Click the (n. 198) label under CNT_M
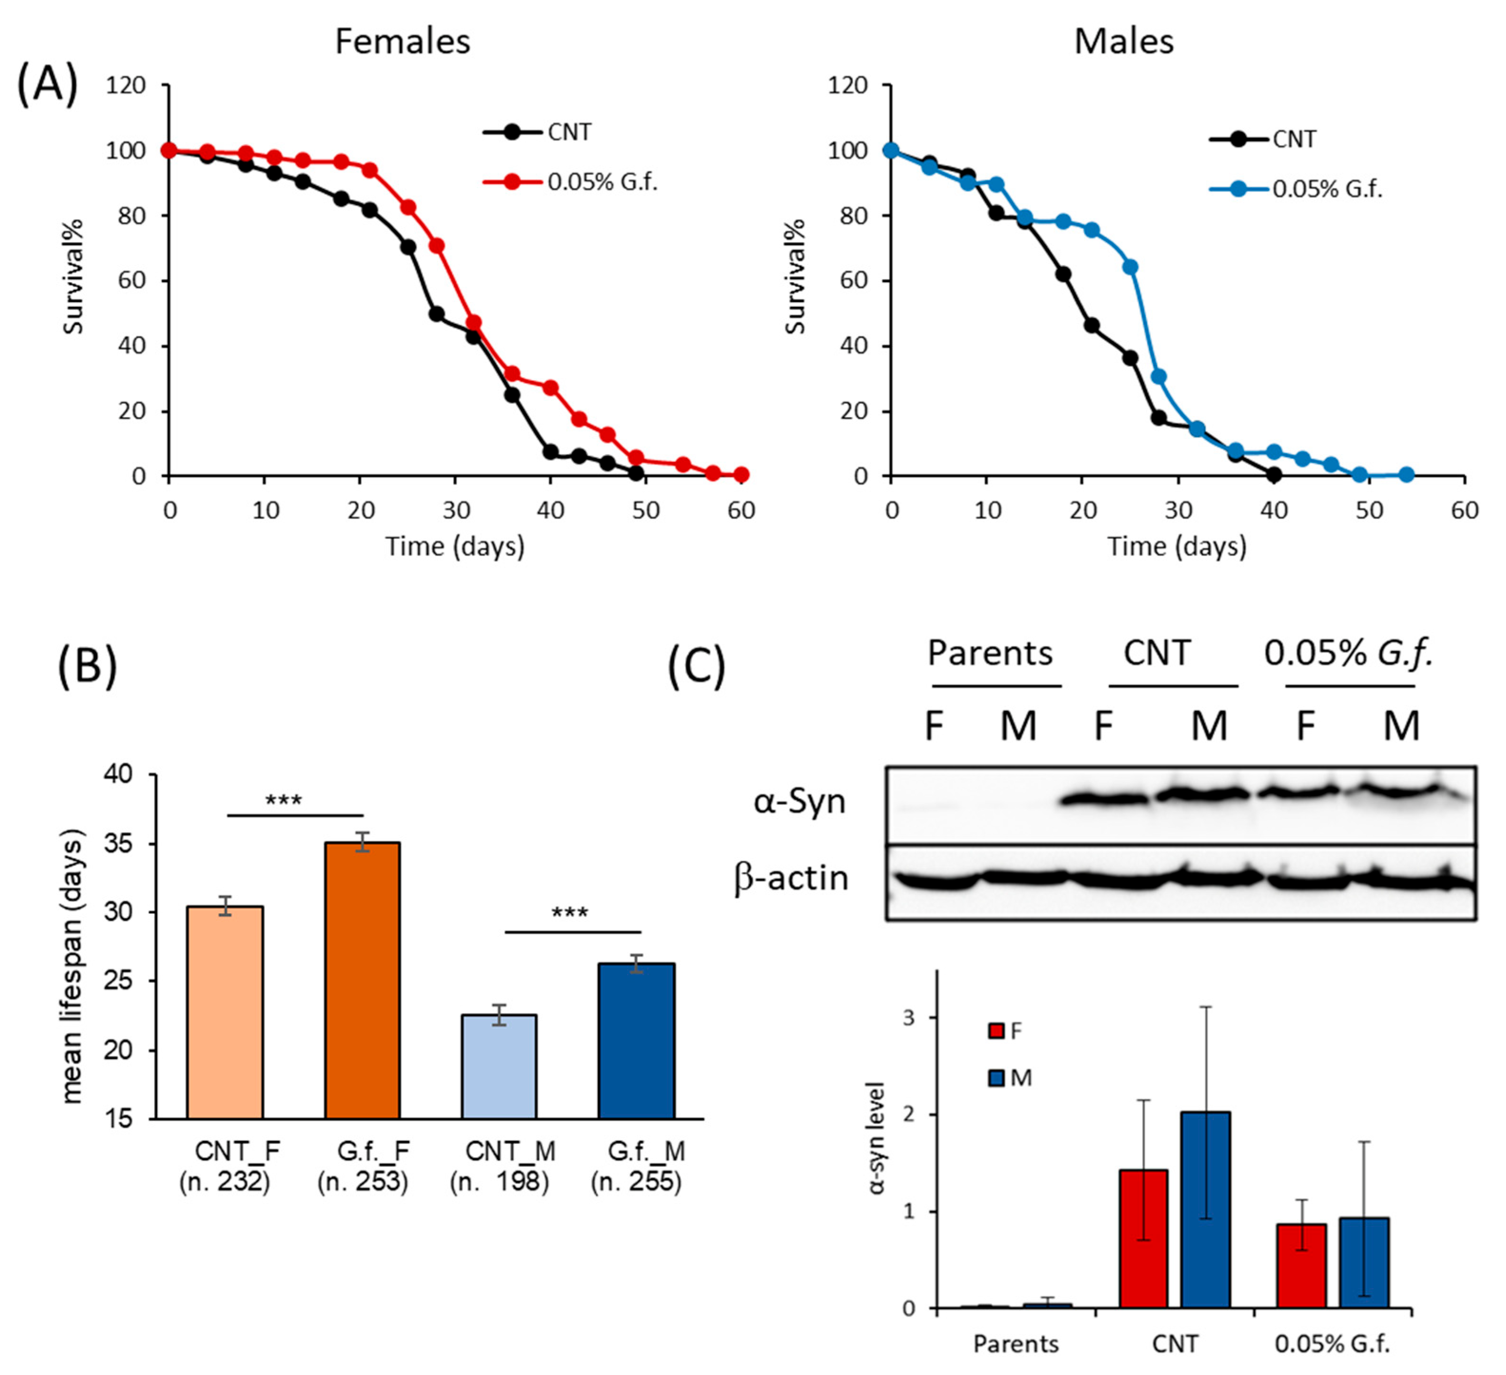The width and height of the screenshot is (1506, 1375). coord(499,1182)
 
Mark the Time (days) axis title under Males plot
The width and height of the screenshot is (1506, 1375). coord(1177,546)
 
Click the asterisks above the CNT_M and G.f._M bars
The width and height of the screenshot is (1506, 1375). coord(570,913)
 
